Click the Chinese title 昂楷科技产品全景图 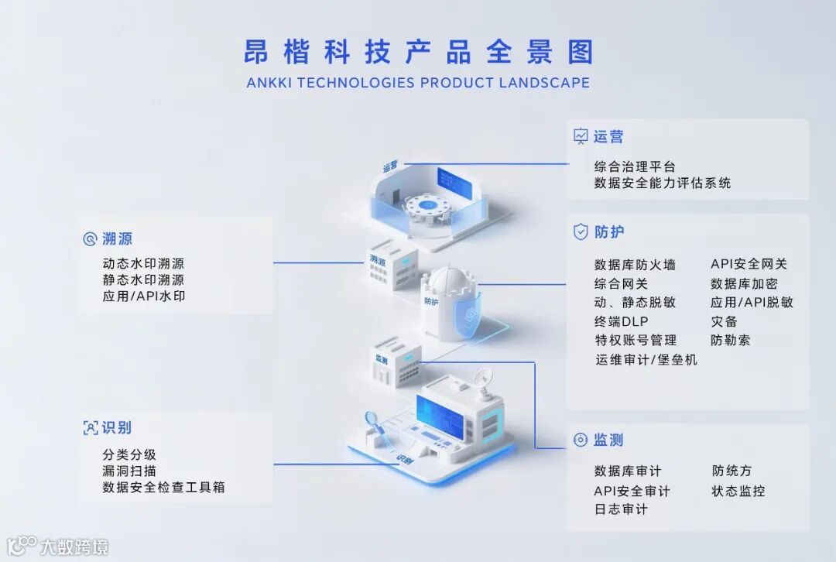418,51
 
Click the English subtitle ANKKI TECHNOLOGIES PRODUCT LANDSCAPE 418,83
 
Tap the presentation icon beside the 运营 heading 581,137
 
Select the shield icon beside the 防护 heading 581,231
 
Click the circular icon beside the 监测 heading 581,440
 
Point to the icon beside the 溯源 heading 90,239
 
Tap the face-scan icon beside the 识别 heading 90,427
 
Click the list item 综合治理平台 635,166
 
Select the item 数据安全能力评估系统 663,183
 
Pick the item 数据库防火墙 635,265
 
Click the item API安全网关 749,265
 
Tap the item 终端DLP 621,321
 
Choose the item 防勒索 730,340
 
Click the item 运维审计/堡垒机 646,359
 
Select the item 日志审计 621,509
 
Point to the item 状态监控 738,491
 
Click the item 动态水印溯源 143,264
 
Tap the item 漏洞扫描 129,471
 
